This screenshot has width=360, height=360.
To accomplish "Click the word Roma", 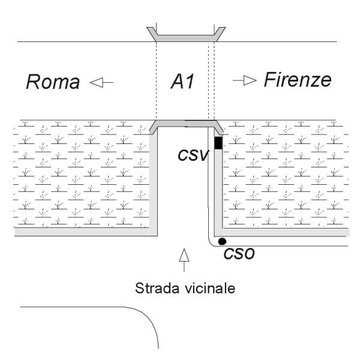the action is [x=53, y=82].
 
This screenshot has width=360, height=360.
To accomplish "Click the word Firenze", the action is [x=298, y=80].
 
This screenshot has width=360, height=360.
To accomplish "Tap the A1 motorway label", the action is [x=182, y=81].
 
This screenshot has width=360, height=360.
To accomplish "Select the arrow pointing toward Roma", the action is [x=101, y=82].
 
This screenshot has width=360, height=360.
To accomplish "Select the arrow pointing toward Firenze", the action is [x=245, y=80].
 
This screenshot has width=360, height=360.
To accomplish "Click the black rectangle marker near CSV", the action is [x=218, y=143].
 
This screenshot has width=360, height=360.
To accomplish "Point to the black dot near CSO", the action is [x=222, y=241].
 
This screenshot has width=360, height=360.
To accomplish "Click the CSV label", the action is [x=193, y=155].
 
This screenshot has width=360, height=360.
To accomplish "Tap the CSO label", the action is [x=239, y=254].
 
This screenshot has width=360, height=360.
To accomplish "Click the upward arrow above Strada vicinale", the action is [x=184, y=260].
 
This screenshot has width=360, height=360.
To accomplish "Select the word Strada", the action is [x=157, y=288].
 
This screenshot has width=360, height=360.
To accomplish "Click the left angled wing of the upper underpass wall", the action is [x=152, y=34].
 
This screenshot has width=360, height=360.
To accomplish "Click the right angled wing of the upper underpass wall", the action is [x=220, y=34].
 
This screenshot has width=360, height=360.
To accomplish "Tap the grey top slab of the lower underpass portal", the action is [x=186, y=124].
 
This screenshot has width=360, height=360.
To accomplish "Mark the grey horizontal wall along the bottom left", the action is [x=82, y=232].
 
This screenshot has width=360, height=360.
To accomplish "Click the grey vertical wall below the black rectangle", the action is [x=218, y=188].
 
